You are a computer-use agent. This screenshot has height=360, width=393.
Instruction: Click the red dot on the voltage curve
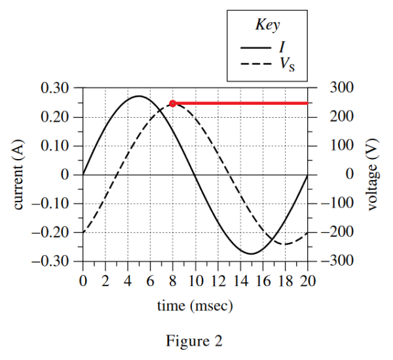(172, 103)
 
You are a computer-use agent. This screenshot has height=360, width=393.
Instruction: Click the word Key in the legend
(267, 26)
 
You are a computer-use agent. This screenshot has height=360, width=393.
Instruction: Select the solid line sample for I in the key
(255, 47)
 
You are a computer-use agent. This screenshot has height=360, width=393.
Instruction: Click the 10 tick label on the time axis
(195, 281)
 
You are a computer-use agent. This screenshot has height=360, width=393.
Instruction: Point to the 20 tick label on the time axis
(308, 281)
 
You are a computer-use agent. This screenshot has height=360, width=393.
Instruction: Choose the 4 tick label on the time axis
(128, 281)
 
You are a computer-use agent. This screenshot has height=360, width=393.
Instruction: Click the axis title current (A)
(19, 173)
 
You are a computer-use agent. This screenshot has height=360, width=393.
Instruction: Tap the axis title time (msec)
(195, 306)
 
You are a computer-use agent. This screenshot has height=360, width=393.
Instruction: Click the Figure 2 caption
(195, 341)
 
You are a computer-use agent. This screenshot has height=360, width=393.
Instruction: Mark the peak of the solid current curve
(139, 96)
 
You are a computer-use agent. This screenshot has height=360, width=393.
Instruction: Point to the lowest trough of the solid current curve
(252, 253)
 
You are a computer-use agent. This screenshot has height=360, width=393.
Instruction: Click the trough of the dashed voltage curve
(286, 244)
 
